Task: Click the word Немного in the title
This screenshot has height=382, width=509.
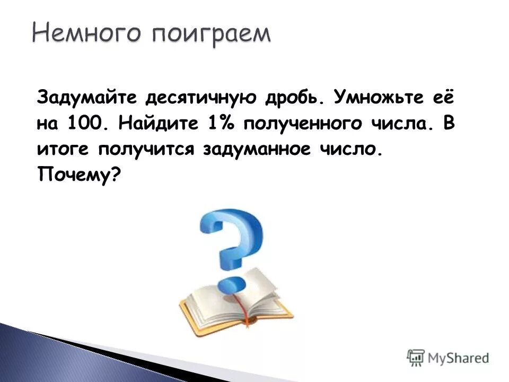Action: pos(88,34)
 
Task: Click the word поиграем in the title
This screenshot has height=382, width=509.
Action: pos(212,34)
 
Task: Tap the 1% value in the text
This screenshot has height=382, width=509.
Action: pos(219,124)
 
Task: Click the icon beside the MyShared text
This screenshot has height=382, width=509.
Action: pos(416,357)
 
